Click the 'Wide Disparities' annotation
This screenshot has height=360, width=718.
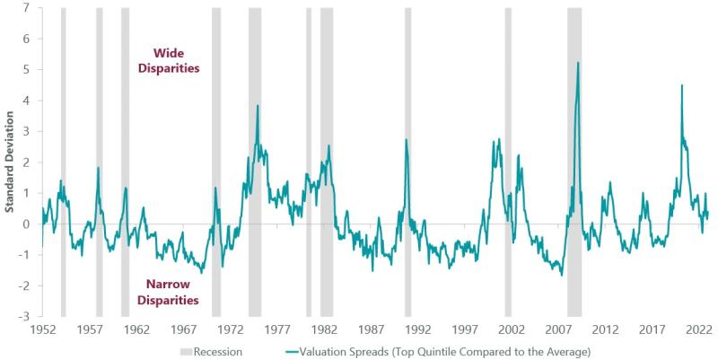click(169, 60)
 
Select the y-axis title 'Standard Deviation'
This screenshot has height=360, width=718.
click(10, 162)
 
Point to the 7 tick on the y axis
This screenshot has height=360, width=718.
click(27, 8)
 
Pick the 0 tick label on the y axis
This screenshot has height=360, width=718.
click(27, 224)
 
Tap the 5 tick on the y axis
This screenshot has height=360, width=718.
click(27, 70)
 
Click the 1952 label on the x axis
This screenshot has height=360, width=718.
click(43, 329)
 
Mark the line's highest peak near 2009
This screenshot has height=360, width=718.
click(577, 63)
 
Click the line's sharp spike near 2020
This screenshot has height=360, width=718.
click(682, 85)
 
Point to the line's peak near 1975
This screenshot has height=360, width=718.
click(258, 106)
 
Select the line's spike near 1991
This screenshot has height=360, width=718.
click(406, 140)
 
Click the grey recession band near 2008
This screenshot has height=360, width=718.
click(574, 162)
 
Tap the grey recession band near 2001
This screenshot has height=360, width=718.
click(508, 162)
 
